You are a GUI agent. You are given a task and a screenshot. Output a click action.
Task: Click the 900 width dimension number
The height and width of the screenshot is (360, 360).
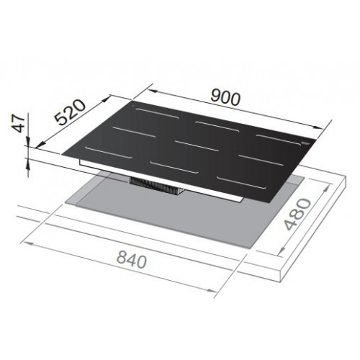pyautogui.click(x=225, y=98)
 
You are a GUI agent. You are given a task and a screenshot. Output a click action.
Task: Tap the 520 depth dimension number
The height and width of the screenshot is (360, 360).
pyautogui.click(x=70, y=112)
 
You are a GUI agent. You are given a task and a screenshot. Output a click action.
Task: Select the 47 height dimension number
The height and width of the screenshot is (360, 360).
pyautogui.click(x=19, y=123)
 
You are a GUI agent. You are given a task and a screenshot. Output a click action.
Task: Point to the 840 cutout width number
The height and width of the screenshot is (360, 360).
pyautogui.click(x=132, y=260)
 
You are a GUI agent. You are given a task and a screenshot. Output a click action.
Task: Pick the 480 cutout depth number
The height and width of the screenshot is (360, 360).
pyautogui.click(x=297, y=215)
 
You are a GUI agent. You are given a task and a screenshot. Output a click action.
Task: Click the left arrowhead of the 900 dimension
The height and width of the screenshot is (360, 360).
pyautogui.click(x=152, y=91)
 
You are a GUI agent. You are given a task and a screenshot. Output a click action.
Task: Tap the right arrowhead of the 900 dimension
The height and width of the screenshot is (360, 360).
pyautogui.click(x=319, y=127)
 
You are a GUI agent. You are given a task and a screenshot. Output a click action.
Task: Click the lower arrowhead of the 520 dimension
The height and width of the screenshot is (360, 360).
pyautogui.click(x=40, y=144)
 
